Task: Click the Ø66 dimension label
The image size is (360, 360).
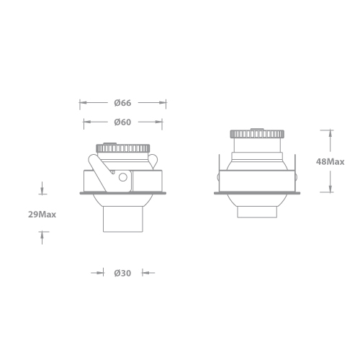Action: point(122,102)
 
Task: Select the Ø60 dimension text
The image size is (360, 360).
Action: point(122,122)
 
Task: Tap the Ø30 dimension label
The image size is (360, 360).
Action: point(122,273)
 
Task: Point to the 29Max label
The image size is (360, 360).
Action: point(42,214)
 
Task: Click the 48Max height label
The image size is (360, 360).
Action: point(330,162)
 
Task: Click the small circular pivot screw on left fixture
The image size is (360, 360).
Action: point(123,176)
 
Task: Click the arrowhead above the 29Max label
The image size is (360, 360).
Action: point(42,192)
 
